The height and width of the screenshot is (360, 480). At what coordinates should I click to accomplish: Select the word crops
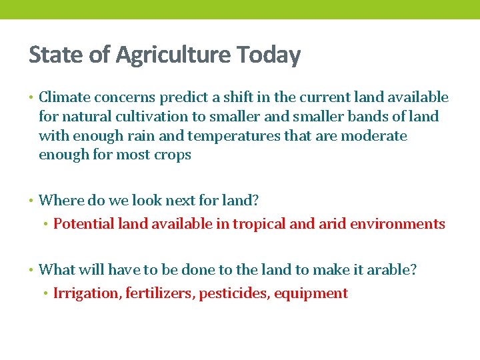(173, 155)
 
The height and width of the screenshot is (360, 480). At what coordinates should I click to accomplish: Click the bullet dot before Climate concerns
(32, 98)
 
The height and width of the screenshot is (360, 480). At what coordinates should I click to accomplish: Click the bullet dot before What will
(32, 270)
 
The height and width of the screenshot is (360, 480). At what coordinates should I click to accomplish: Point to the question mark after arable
(413, 269)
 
